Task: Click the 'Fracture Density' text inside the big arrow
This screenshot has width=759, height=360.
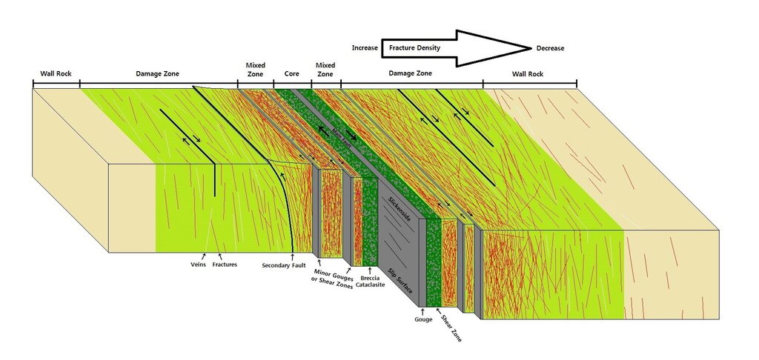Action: click(415, 48)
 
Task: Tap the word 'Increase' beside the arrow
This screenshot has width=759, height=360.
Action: click(365, 48)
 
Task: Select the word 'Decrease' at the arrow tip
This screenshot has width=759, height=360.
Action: click(550, 48)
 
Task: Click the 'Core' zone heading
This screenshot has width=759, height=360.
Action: click(291, 74)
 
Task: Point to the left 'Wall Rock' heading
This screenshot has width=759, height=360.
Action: click(56, 73)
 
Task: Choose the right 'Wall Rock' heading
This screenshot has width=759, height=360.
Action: click(528, 74)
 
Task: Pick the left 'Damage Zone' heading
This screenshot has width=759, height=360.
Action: click(157, 74)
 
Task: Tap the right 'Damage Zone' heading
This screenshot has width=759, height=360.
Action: click(411, 73)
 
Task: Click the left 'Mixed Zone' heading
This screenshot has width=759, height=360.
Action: click(255, 70)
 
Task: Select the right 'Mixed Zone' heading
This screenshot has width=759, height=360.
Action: click(325, 70)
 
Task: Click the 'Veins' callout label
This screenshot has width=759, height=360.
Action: click(198, 264)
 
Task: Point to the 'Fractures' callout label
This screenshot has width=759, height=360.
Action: click(225, 264)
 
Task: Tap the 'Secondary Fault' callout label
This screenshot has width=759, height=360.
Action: click(284, 266)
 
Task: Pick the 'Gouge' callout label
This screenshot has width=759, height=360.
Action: click(423, 319)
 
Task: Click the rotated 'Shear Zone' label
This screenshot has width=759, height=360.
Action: click(450, 328)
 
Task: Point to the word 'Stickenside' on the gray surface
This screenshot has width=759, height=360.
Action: click(400, 209)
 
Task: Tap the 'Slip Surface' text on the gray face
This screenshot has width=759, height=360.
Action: click(400, 281)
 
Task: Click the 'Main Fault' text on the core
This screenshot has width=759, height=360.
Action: click(341, 133)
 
